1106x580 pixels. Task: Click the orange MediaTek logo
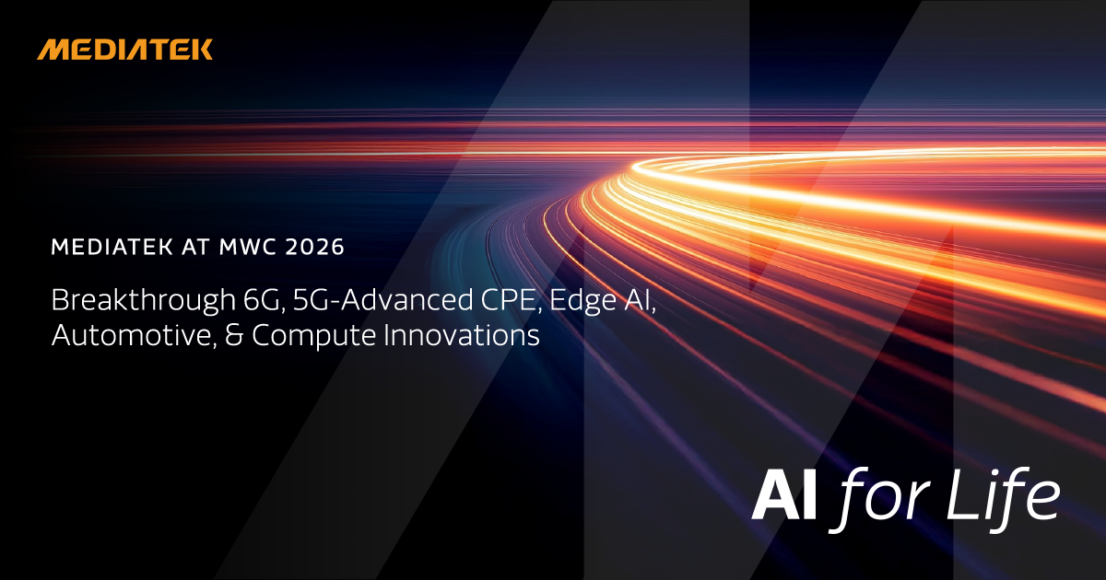click(x=124, y=50)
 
